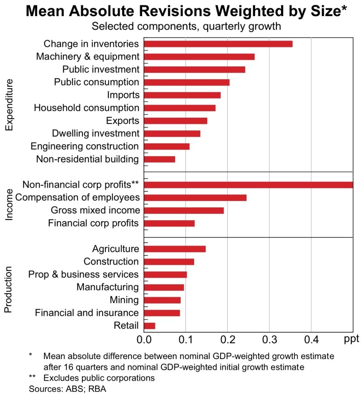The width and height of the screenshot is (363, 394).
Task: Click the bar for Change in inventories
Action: [x=218, y=44]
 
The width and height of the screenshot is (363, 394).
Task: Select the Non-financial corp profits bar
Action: [x=248, y=185]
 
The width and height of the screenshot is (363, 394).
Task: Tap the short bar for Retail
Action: [x=150, y=325]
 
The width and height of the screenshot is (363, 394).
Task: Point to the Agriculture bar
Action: [x=175, y=249]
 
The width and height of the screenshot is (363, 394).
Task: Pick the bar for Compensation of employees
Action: [x=195, y=197]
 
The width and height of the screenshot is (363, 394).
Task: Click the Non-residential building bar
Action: [x=160, y=159]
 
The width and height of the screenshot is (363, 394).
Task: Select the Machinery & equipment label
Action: [x=88, y=56]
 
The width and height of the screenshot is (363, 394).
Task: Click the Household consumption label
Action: [x=87, y=108]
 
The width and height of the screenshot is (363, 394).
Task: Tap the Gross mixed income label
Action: [x=95, y=210]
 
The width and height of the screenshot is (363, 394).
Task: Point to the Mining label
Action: [x=124, y=300]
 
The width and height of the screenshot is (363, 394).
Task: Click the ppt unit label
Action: [x=352, y=339]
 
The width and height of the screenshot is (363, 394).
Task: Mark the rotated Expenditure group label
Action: [x=10, y=105]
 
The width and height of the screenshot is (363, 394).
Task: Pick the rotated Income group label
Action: [x=10, y=204]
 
